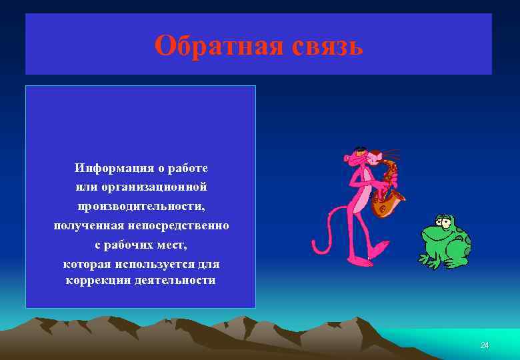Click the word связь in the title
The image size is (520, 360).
326,46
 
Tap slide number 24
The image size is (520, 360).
485,345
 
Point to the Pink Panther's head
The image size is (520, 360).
360,157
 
